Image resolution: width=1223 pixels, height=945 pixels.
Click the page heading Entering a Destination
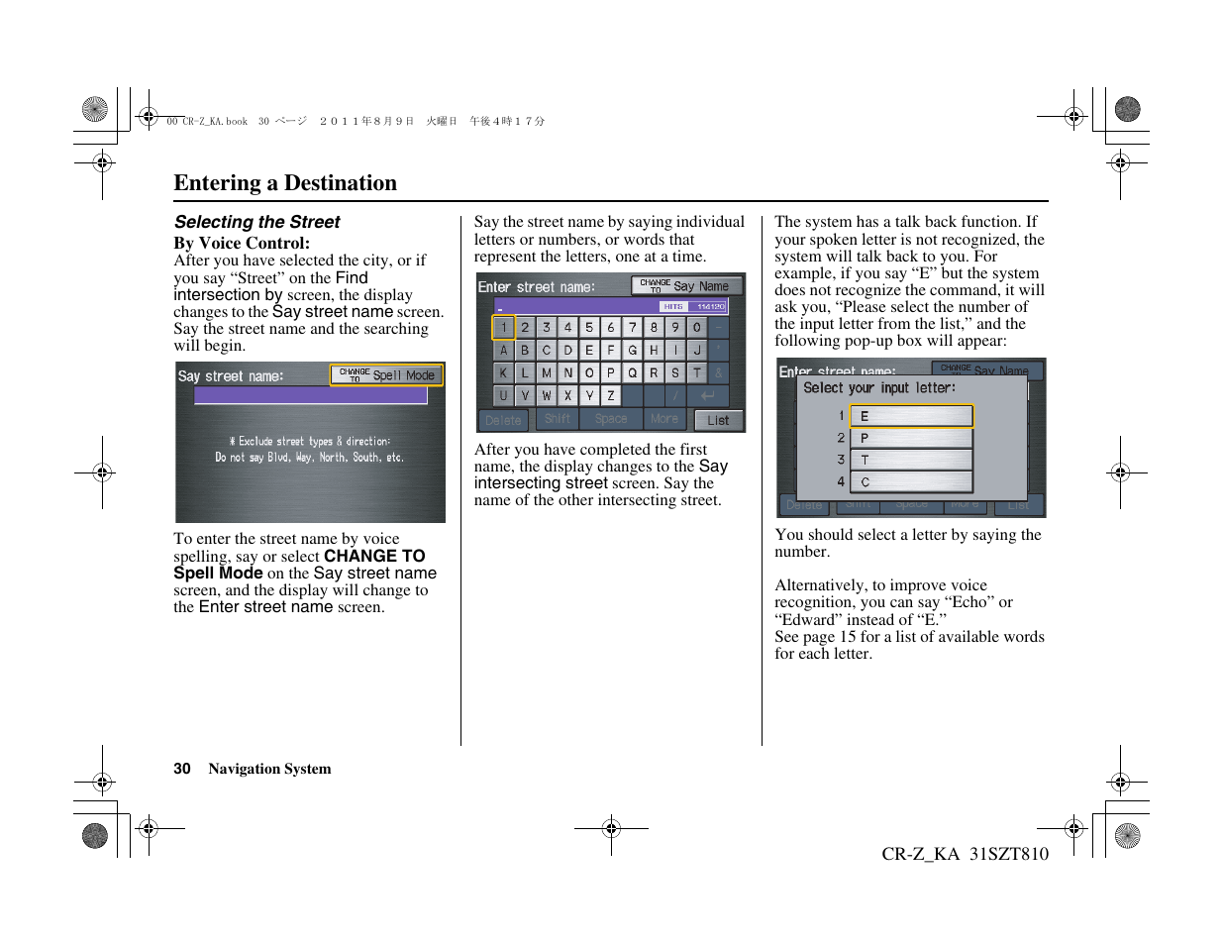[285, 183]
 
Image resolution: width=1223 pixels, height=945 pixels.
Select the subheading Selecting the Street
[256, 222]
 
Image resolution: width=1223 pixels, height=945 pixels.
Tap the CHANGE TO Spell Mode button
[386, 375]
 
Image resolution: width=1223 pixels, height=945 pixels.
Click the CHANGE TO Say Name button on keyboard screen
[686, 286]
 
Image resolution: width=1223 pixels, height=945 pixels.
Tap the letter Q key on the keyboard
[632, 373]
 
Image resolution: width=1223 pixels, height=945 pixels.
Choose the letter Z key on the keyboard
[611, 395]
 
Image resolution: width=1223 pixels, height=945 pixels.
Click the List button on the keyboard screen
[718, 420]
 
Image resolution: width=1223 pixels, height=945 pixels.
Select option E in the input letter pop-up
[911, 416]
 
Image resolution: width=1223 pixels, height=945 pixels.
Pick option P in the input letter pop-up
[911, 438]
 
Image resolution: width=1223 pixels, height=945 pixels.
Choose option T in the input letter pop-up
[911, 460]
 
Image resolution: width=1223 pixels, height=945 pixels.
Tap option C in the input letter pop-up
[911, 482]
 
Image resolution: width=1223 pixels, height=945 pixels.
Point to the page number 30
[182, 769]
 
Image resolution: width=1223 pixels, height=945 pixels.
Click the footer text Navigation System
[269, 769]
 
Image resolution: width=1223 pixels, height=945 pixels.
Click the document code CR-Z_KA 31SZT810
[965, 854]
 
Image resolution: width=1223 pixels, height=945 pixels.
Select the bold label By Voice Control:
[242, 243]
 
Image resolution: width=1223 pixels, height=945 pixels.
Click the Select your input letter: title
[879, 388]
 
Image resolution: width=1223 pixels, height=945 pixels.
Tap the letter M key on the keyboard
[547, 373]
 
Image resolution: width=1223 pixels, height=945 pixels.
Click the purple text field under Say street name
[310, 396]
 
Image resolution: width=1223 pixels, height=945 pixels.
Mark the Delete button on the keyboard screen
[503, 420]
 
